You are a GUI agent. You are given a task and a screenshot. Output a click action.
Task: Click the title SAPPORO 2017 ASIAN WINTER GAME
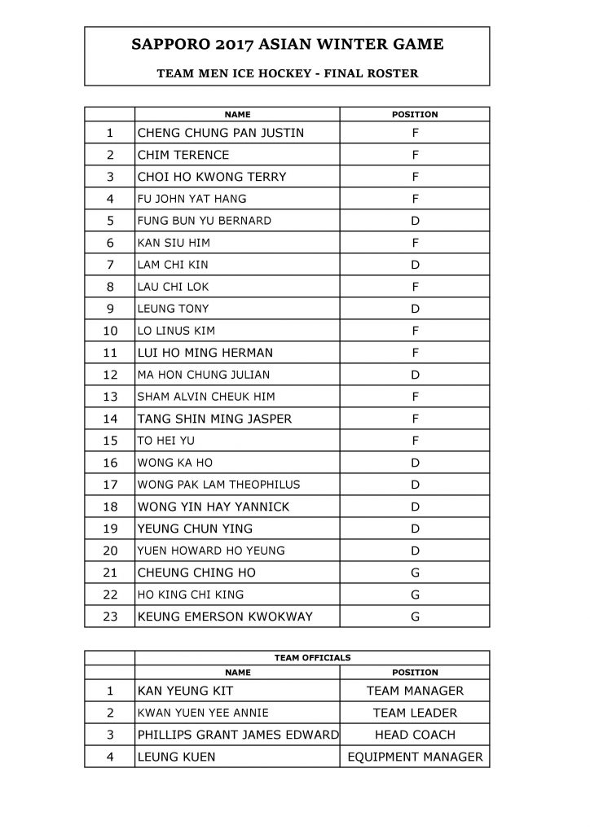[287, 45]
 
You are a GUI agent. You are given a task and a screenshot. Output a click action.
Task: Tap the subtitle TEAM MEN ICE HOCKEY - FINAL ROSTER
[287, 73]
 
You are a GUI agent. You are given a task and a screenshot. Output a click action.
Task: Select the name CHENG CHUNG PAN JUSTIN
[221, 133]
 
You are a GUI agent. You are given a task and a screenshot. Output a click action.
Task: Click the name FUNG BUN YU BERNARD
[205, 221]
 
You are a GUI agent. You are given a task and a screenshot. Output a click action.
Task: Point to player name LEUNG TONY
[174, 309]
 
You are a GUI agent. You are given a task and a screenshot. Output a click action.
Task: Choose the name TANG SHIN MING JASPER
[215, 419]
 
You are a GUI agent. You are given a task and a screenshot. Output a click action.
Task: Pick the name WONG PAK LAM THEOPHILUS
[219, 485]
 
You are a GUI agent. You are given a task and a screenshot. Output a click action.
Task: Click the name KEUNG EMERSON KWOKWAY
[225, 617]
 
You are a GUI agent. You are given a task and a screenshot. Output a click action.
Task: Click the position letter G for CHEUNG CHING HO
[415, 573]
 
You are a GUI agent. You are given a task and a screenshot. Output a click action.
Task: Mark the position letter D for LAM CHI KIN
[415, 265]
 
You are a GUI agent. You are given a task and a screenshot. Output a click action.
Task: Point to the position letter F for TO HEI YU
[415, 441]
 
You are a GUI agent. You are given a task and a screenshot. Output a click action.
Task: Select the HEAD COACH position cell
[415, 735]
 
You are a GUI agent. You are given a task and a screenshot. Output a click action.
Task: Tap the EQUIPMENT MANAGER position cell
[415, 757]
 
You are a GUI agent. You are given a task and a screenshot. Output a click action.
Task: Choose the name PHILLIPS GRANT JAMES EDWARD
[238, 735]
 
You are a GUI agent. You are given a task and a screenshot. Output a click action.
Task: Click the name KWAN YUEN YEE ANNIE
[206, 713]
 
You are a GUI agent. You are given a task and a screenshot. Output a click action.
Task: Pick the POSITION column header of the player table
[415, 115]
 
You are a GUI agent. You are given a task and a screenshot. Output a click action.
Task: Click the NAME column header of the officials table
[237, 673]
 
